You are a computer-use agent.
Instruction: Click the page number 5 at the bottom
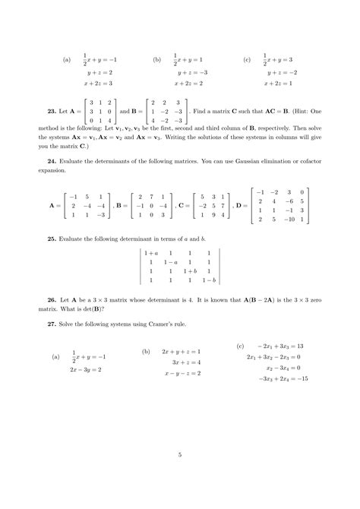(x=180, y=454)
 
